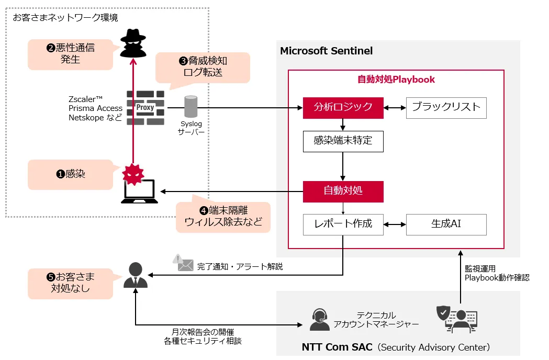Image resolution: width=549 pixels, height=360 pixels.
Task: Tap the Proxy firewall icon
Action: (145, 108)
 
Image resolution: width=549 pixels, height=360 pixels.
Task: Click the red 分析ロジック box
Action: (343, 107)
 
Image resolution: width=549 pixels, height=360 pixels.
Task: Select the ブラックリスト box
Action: (446, 107)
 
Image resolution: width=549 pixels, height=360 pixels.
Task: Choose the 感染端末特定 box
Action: (343, 141)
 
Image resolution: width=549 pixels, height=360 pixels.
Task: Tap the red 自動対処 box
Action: (343, 191)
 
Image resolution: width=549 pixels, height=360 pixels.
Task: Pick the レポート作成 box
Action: (343, 224)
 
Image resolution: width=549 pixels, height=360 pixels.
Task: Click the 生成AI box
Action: (446, 224)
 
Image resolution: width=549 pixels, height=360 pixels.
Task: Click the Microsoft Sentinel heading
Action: (327, 51)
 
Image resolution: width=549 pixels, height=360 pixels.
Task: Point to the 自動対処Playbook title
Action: (396, 80)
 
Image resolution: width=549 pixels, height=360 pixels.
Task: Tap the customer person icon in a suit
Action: (136, 275)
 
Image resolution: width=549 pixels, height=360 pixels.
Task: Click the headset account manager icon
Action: (319, 319)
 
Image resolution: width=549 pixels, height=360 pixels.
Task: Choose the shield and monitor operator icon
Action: (456, 319)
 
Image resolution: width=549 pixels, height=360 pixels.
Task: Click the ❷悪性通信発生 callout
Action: (71, 54)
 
